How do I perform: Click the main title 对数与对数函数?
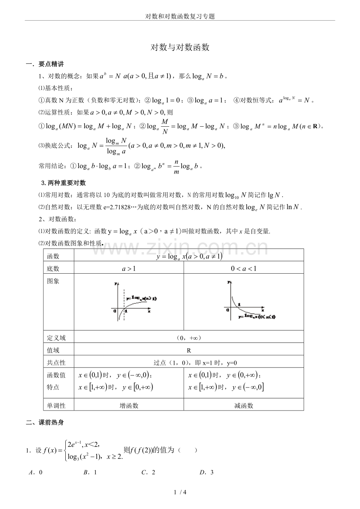point(180,48)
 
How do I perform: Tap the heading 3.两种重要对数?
point(63,183)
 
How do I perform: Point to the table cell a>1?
point(129,268)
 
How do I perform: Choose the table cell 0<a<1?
point(243,268)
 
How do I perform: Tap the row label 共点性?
point(56,362)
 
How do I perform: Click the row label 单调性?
point(56,405)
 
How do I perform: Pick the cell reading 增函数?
point(129,406)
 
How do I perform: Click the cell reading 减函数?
point(243,406)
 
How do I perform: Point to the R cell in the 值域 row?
point(189,351)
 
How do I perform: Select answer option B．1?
point(90,472)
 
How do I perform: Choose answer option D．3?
point(206,472)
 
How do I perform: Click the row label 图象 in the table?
point(53,281)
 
